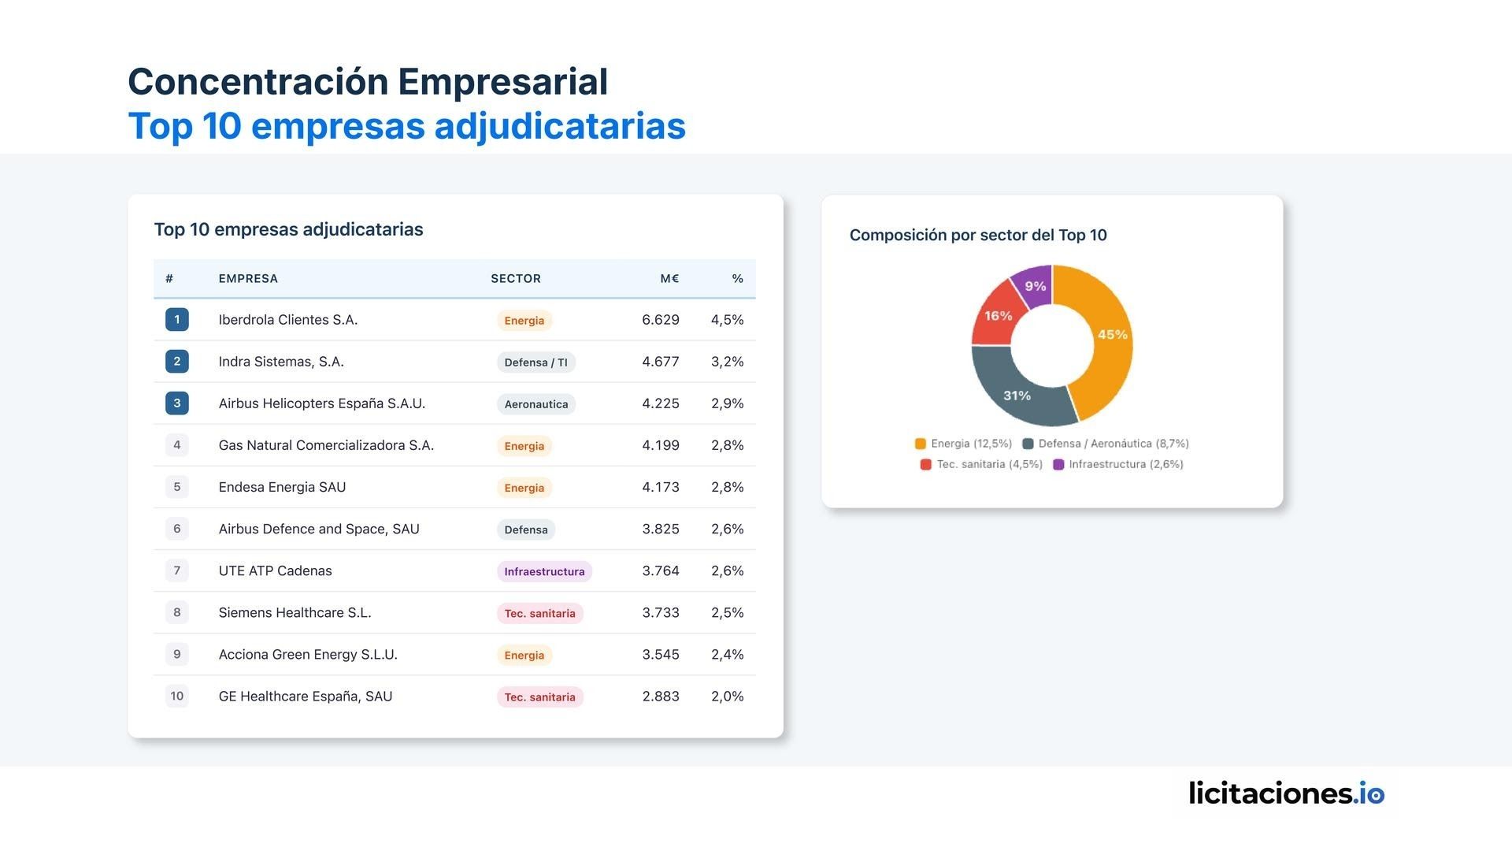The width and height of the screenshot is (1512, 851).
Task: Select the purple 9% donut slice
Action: (1034, 284)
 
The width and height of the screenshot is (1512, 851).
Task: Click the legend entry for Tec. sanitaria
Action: (981, 464)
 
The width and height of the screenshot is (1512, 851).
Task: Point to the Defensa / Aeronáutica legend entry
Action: (1106, 444)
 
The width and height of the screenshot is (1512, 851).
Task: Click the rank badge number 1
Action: (176, 320)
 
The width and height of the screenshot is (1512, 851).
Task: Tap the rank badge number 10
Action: (176, 697)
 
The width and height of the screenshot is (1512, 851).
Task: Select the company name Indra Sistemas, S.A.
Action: (281, 362)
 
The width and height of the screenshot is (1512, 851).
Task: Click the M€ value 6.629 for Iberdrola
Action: (660, 320)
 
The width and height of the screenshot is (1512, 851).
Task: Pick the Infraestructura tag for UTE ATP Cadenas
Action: (544, 571)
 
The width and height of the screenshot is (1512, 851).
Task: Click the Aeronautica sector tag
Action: (535, 404)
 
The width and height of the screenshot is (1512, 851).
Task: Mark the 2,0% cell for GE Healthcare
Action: (727, 697)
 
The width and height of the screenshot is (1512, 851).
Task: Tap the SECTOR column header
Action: (515, 279)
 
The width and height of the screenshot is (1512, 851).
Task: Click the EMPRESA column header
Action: (248, 279)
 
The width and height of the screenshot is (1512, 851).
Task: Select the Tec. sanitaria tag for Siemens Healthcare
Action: (539, 613)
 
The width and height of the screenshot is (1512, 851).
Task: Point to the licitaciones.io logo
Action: (1286, 793)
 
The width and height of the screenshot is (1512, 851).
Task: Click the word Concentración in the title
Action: (258, 82)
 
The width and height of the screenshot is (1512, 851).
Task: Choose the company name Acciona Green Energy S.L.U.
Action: (308, 655)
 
